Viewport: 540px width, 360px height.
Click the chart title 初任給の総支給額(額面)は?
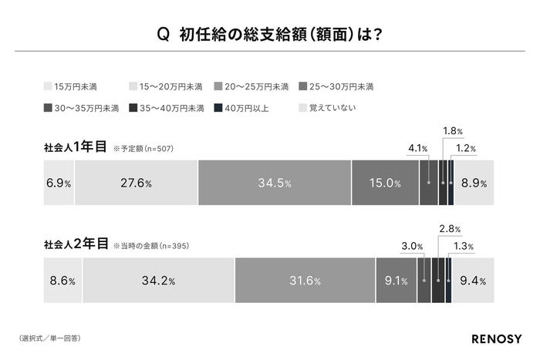coord(270,35)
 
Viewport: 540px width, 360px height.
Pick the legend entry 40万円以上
coord(244,108)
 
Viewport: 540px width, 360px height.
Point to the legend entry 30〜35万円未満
coord(80,108)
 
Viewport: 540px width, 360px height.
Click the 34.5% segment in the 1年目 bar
coord(274,183)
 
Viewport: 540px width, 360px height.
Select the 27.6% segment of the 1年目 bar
coord(137,183)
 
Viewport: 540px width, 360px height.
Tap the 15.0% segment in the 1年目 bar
coord(385,183)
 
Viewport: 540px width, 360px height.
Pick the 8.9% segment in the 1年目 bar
coord(472,183)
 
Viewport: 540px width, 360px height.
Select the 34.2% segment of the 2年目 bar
coord(158,281)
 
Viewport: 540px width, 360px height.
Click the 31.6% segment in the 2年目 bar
coord(305,281)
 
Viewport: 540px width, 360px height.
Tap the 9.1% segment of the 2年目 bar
coord(396,281)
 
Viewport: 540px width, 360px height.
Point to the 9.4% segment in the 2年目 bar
coord(471,281)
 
